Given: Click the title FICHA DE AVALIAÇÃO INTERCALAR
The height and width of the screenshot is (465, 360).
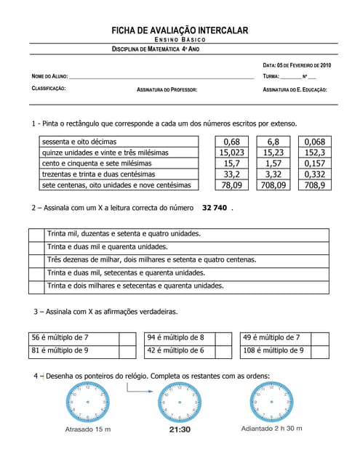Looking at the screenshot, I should point(180,31).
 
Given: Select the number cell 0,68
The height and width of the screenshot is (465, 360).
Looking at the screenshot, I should point(232,142).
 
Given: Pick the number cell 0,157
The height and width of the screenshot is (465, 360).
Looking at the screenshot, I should point(315,163).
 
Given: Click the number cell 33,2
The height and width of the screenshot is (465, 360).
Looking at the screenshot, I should point(232,174).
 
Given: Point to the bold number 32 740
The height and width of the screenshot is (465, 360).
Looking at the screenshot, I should point(215,208).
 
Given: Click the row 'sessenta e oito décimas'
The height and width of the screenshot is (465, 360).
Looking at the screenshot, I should point(116,142).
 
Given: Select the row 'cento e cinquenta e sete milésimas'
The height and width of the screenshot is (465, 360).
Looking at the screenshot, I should point(116,163).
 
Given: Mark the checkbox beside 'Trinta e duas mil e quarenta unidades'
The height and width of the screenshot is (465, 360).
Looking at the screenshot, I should point(37,247).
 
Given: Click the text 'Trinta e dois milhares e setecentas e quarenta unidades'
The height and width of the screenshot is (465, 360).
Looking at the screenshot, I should point(135,286).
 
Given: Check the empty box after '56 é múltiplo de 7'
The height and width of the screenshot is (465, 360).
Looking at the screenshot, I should point(127,338).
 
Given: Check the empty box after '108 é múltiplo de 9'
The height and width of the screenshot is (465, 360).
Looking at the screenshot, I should point(319,351).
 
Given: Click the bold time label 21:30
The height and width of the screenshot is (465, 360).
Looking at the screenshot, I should point(180,429).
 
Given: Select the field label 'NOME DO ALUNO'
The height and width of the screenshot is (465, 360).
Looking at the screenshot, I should point(49,76).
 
